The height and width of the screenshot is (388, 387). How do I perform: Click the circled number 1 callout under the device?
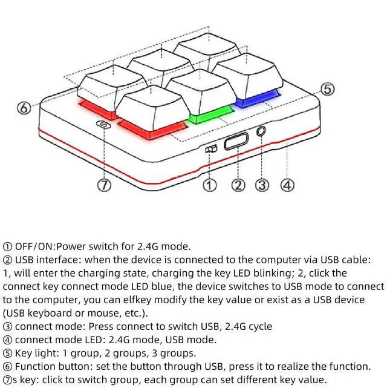pos(209,185)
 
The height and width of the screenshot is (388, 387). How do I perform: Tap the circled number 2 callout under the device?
pos(239,185)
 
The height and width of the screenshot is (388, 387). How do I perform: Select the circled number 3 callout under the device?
pos(262,185)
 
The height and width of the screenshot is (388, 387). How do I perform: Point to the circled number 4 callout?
pos(288,185)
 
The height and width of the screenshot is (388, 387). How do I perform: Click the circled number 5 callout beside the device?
pos(327,89)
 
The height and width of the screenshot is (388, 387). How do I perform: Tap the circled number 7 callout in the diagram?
pos(105,186)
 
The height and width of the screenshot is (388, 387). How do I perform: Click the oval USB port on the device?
pos(235,143)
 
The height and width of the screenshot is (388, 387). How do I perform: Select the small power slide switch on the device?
pos(210,150)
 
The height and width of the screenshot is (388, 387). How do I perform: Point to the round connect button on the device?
pos(262,130)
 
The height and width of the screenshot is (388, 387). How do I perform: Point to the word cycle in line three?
pos(259,326)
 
